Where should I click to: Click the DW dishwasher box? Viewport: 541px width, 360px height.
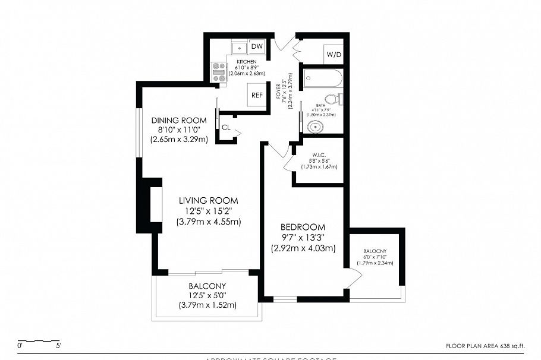[257, 46]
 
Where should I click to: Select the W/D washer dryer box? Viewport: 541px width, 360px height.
[333, 55]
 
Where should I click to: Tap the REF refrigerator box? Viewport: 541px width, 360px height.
[257, 95]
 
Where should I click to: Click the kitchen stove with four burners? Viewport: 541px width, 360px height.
[219, 73]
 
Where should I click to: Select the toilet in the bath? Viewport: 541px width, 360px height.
[334, 99]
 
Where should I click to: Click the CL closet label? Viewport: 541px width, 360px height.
[226, 127]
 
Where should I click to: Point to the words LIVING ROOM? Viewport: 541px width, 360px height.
[208, 200]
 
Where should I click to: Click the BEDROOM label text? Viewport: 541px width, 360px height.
[303, 227]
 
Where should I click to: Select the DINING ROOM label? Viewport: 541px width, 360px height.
[178, 121]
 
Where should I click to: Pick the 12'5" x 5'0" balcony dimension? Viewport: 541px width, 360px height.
[207, 295]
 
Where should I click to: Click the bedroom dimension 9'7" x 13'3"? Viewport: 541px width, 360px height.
[303, 238]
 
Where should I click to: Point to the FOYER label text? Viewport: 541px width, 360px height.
[278, 94]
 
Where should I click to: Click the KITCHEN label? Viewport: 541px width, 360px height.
[247, 62]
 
